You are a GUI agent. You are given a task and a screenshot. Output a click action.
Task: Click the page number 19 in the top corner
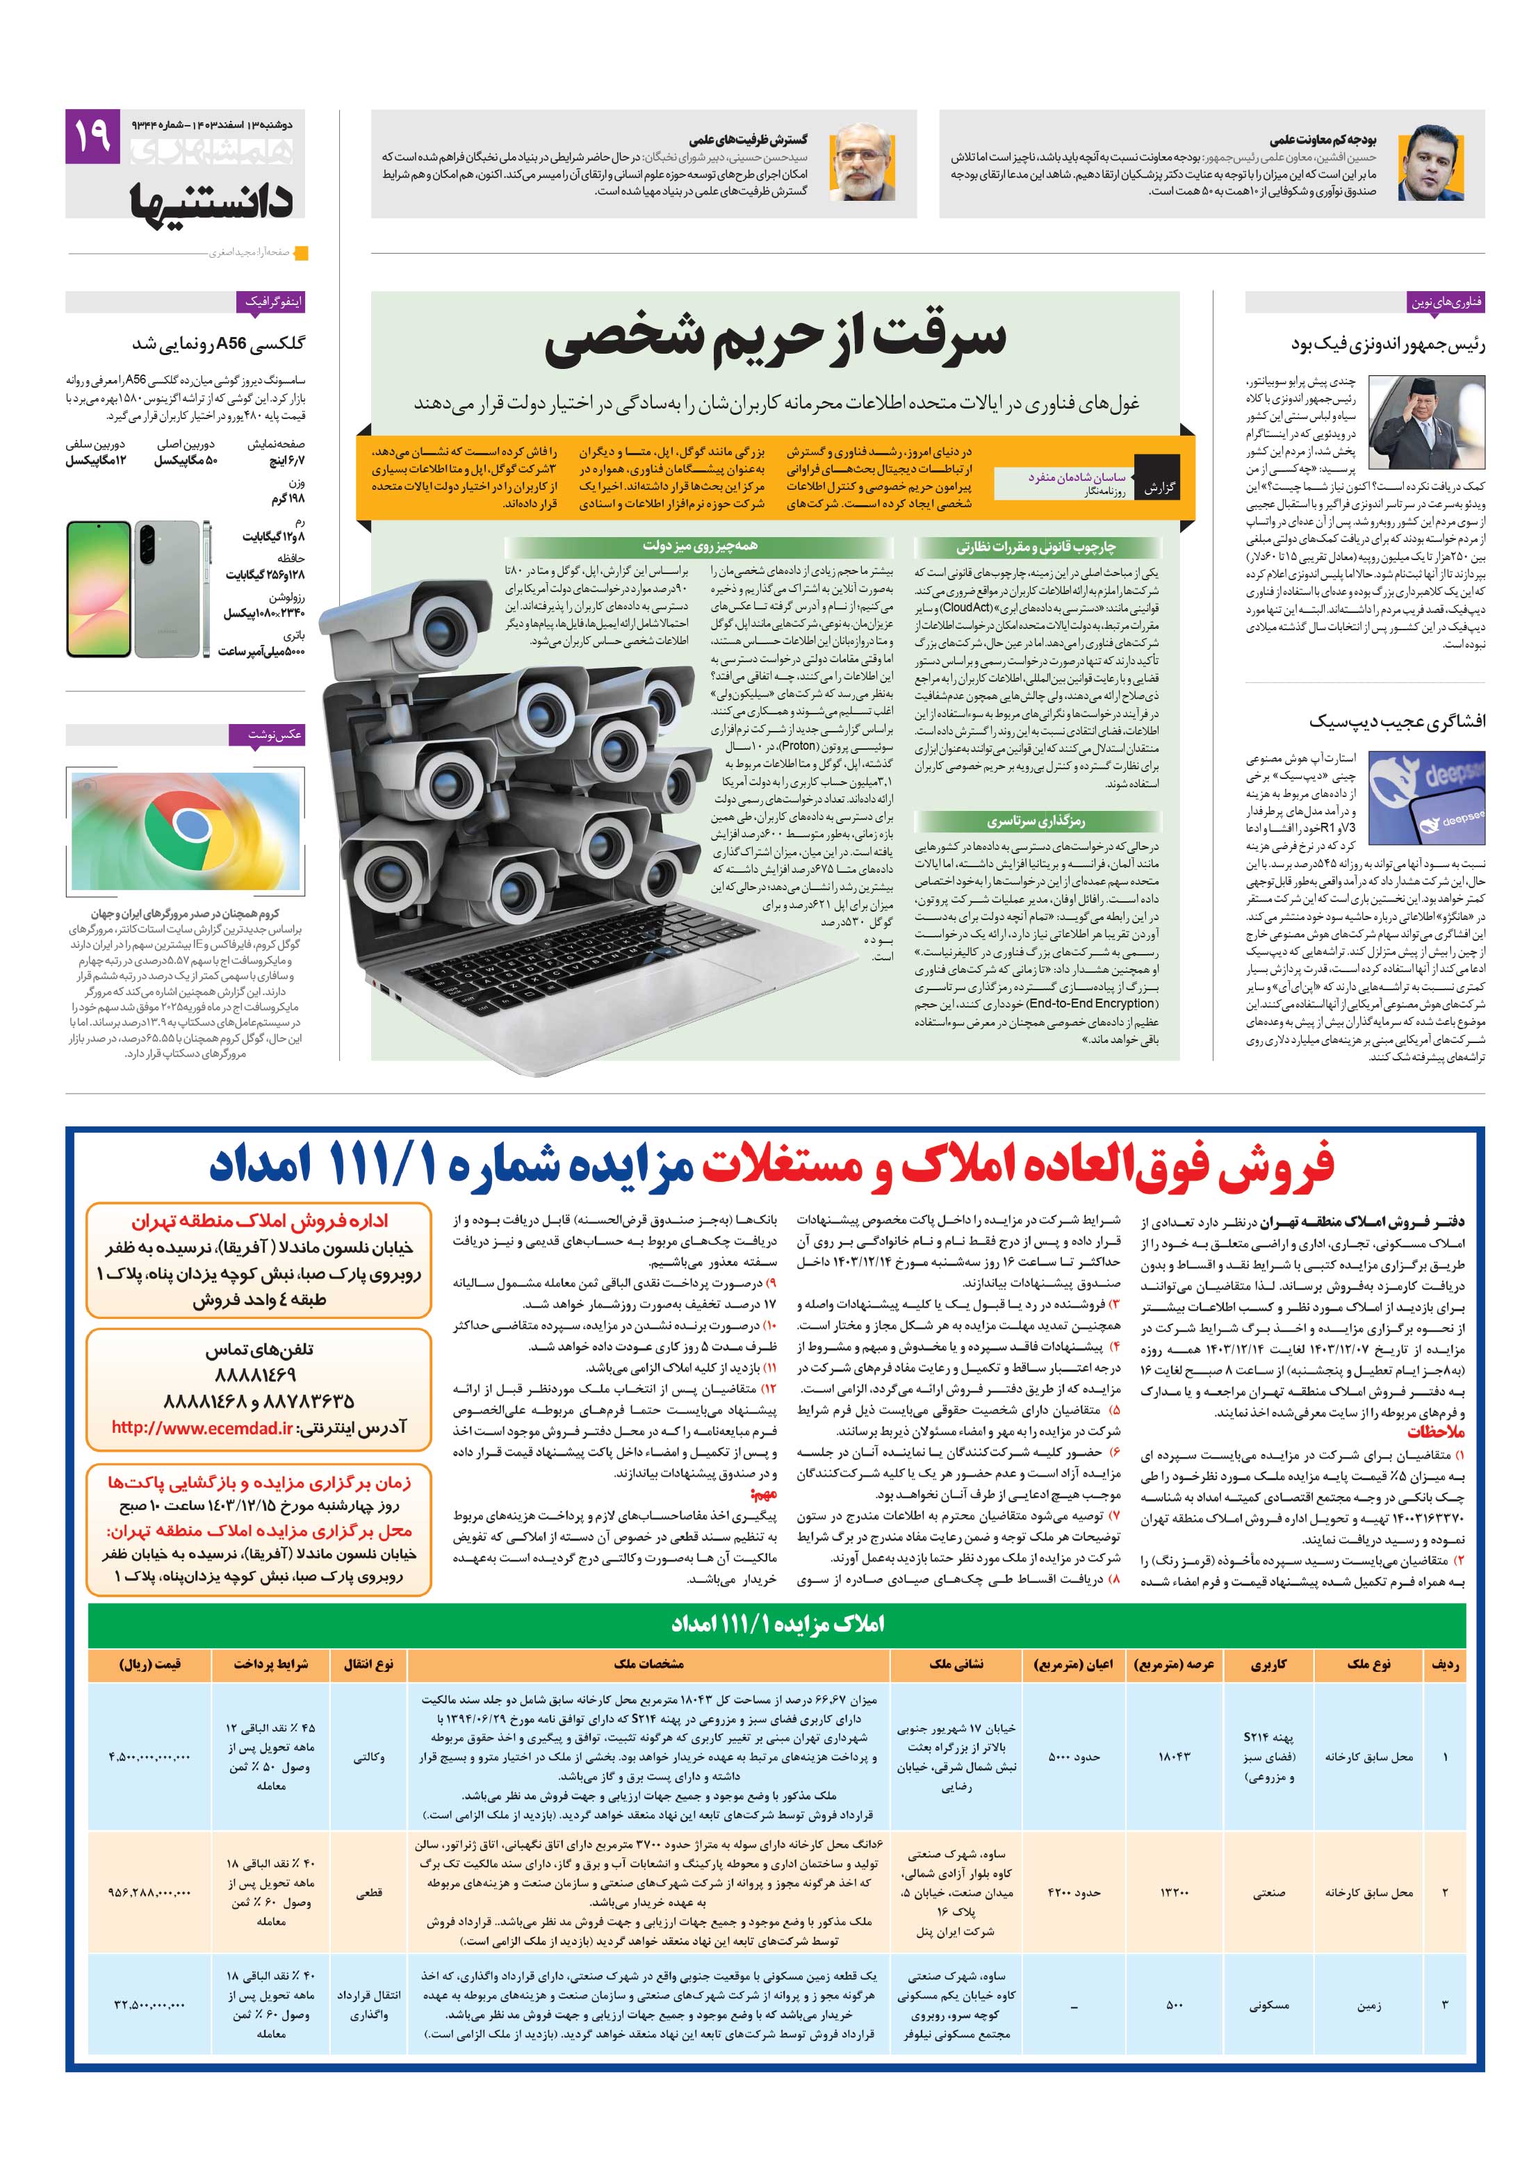(x=91, y=136)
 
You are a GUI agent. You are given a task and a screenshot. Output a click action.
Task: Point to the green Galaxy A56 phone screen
(x=98, y=588)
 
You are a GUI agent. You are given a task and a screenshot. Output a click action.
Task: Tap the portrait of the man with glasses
(x=861, y=163)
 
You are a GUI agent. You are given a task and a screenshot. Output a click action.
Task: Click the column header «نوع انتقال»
(x=369, y=1664)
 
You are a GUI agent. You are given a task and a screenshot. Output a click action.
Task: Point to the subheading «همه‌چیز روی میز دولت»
(x=699, y=546)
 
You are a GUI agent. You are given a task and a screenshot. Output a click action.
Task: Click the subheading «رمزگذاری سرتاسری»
(x=1035, y=820)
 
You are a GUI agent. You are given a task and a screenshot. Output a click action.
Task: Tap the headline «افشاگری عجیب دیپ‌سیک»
(x=1396, y=721)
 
